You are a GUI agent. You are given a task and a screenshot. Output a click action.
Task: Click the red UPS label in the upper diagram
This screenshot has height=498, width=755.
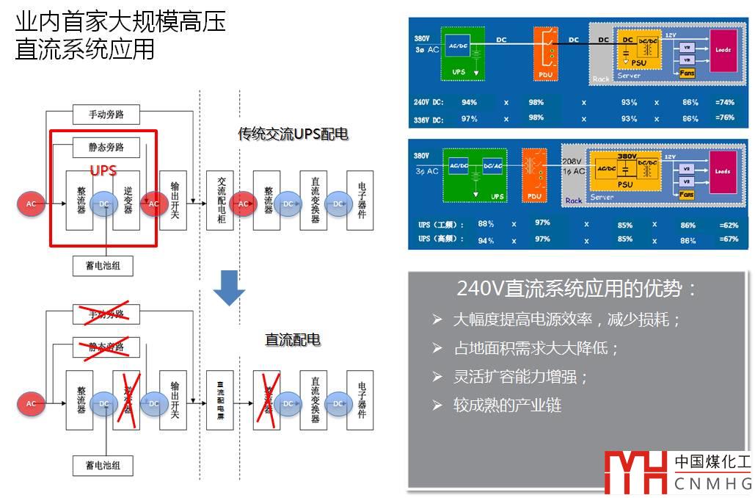click(x=103, y=170)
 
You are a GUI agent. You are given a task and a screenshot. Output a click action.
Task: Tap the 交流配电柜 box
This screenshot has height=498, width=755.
click(x=219, y=201)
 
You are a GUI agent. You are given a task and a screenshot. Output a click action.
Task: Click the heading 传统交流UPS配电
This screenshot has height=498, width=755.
click(x=292, y=134)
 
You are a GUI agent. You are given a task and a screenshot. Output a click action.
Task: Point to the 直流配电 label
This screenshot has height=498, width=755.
click(x=293, y=340)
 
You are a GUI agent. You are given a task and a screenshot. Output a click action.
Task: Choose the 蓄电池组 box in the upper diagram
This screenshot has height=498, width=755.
click(x=103, y=265)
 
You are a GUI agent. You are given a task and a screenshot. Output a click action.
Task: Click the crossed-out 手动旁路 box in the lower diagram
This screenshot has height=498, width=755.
click(x=106, y=314)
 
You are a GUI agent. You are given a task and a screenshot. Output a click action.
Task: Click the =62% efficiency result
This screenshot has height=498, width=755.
click(x=727, y=224)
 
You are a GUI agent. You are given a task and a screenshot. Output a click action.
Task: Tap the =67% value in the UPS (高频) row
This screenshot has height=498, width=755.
click(x=727, y=240)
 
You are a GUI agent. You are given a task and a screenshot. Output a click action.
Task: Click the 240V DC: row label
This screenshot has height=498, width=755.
click(x=429, y=102)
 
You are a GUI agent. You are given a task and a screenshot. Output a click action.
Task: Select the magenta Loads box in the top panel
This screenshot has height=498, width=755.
click(x=723, y=50)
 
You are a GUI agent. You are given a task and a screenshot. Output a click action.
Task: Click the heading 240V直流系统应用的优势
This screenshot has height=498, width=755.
click(x=577, y=289)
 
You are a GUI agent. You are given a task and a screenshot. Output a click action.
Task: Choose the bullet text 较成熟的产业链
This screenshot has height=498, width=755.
click(x=507, y=405)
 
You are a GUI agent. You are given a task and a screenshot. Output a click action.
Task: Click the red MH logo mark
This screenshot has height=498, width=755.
click(x=635, y=471)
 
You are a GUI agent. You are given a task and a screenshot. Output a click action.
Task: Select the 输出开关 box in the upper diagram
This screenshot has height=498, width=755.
click(x=173, y=201)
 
